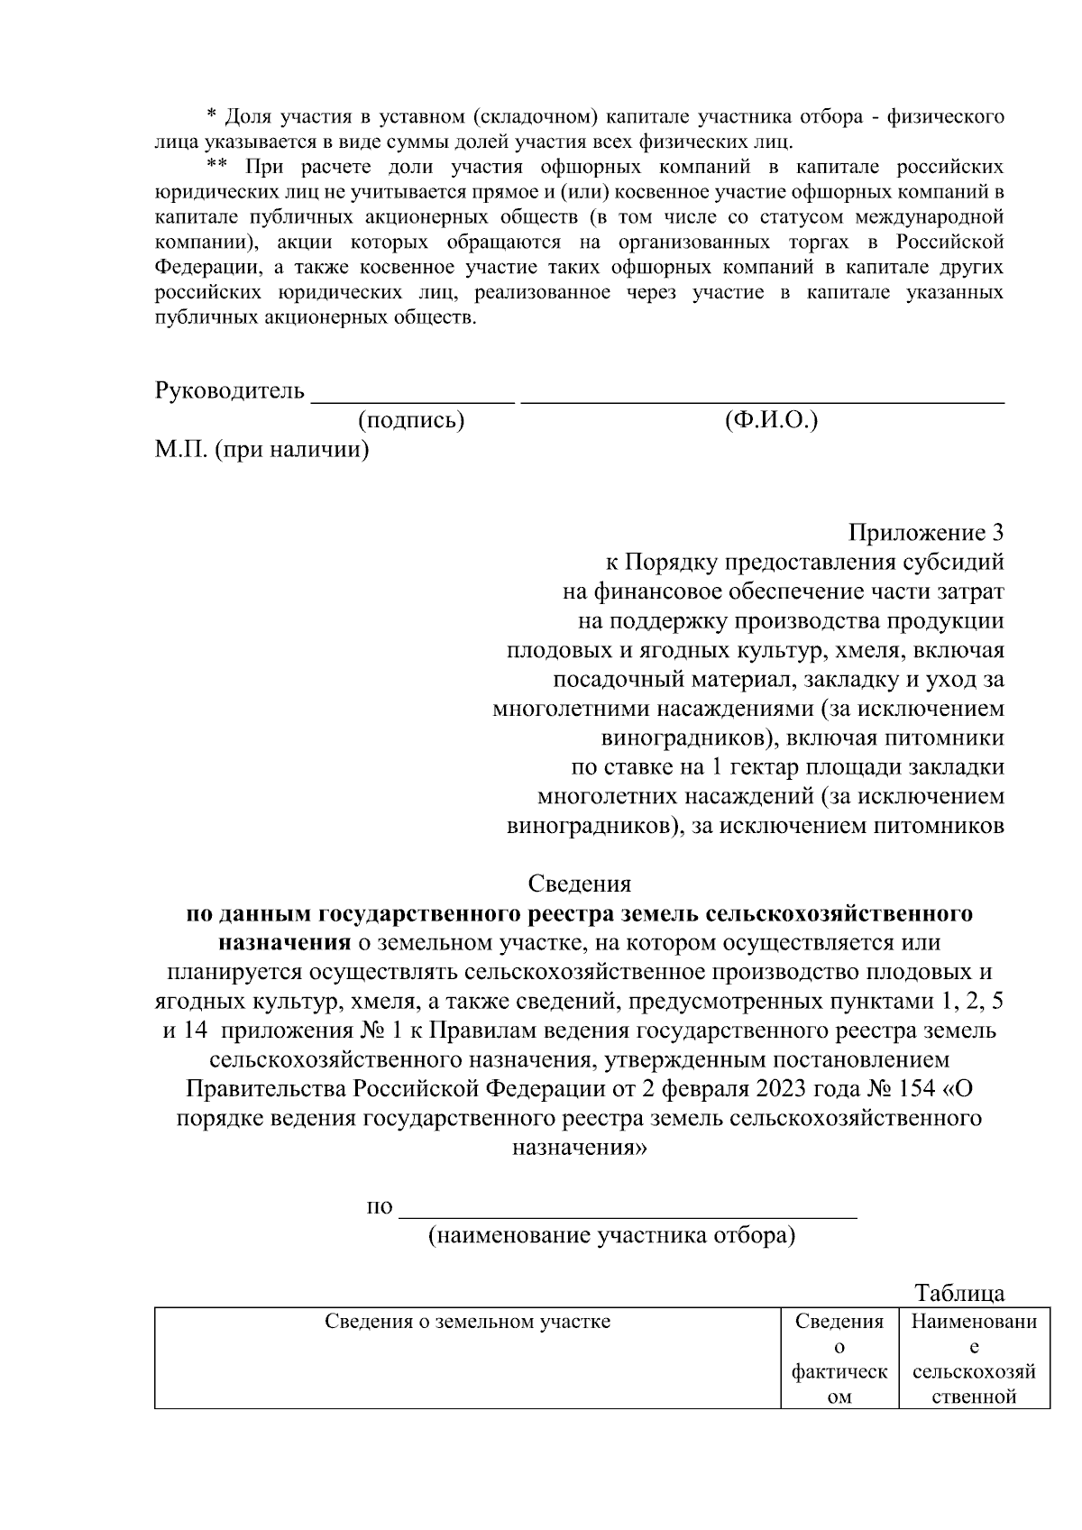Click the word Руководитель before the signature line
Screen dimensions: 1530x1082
(230, 391)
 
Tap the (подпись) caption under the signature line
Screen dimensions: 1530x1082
(411, 420)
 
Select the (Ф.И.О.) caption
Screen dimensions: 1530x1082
(771, 420)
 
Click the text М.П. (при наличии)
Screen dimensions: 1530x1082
(261, 449)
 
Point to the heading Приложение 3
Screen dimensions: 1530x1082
(926, 533)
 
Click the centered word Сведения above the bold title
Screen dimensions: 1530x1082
(579, 884)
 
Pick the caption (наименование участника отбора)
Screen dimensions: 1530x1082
(611, 1235)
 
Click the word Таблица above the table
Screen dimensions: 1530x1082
(959, 1294)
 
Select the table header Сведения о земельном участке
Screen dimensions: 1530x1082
(467, 1323)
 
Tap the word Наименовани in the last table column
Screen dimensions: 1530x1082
(974, 1323)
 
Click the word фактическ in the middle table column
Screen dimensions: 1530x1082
(839, 1373)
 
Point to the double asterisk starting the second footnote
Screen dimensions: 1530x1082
(216, 166)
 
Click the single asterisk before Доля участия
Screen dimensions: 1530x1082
(212, 115)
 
